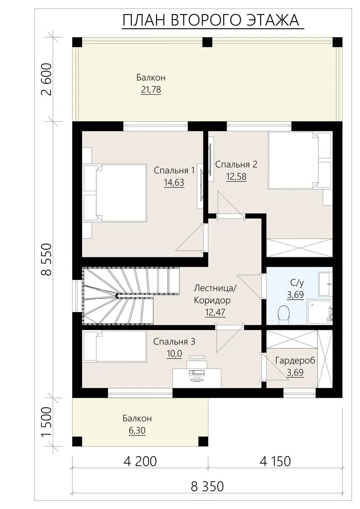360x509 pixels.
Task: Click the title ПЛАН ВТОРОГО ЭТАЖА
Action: pyautogui.click(x=211, y=20)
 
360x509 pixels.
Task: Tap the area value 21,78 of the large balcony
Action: pyautogui.click(x=151, y=89)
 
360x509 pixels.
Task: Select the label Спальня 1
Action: pyautogui.click(x=174, y=170)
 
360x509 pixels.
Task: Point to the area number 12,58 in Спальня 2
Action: pyautogui.click(x=236, y=177)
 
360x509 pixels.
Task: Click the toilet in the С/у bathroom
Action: pyautogui.click(x=284, y=314)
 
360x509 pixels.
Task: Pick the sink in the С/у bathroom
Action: pyautogui.click(x=325, y=284)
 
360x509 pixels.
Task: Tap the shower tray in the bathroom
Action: pyautogui.click(x=319, y=312)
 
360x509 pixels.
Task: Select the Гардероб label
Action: pyautogui.click(x=295, y=361)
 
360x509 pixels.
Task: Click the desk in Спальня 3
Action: pyautogui.click(x=196, y=378)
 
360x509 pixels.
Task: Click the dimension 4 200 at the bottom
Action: pyautogui.click(x=140, y=461)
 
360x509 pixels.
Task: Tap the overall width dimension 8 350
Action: pyautogui.click(x=207, y=486)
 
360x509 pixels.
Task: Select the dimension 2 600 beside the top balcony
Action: pyautogui.click(x=47, y=79)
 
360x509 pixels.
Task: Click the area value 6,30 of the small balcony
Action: pyautogui.click(x=137, y=430)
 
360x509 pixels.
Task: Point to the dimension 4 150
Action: pyautogui.click(x=275, y=461)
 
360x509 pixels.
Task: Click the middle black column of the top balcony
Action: pyautogui.click(x=207, y=42)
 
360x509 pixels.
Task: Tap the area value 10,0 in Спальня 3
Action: pyautogui.click(x=174, y=353)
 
